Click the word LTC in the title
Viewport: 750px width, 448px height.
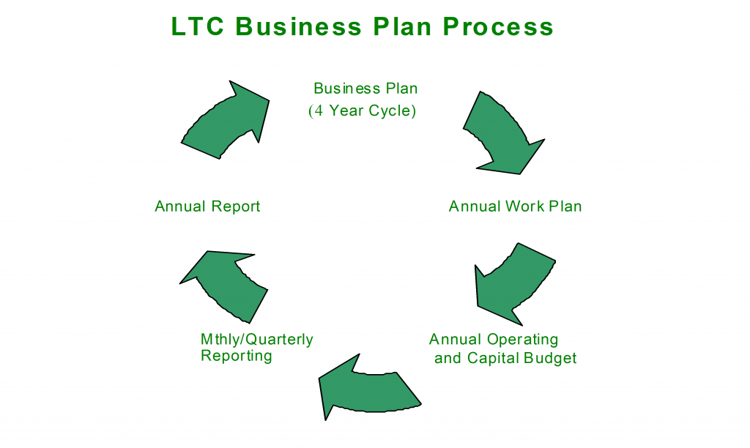(x=198, y=26)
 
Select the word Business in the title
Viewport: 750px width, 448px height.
(x=299, y=26)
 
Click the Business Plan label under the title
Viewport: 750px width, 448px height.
(x=365, y=89)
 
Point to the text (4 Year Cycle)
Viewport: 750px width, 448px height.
(x=362, y=111)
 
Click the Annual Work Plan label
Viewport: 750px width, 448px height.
(x=515, y=206)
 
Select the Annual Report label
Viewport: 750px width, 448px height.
(x=207, y=206)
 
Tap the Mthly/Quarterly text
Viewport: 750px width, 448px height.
(x=257, y=340)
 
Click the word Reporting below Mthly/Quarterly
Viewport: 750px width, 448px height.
(x=237, y=356)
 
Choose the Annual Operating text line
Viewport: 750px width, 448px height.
(x=494, y=340)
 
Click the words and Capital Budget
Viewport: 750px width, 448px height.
(x=505, y=358)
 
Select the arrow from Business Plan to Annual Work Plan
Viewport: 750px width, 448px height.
(x=504, y=135)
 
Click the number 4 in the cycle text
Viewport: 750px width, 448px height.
(x=319, y=111)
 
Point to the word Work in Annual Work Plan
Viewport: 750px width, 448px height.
(x=525, y=206)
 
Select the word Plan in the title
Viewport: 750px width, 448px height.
(x=402, y=26)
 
